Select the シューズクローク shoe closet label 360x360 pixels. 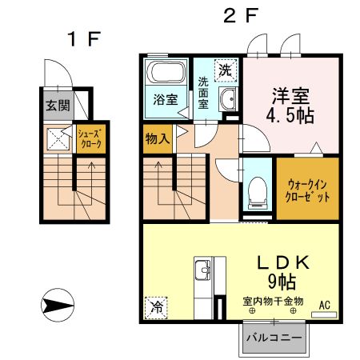pyautogui.click(x=90, y=138)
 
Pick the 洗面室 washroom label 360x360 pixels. pyautogui.click(x=204, y=91)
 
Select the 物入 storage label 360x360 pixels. pyautogui.click(x=156, y=138)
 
